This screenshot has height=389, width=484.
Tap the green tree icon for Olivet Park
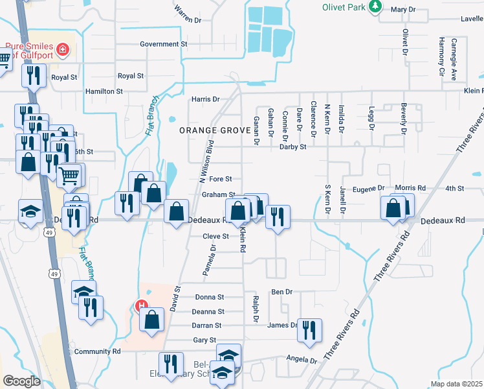tap(374, 6)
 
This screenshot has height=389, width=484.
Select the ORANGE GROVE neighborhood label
tap(215, 130)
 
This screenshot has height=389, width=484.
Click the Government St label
tap(164, 44)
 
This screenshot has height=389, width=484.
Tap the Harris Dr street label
tap(206, 99)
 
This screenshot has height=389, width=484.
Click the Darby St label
tap(292, 147)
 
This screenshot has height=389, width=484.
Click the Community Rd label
tap(98, 351)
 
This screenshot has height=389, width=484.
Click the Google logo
tap(21, 381)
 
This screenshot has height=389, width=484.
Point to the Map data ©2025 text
tap(456, 384)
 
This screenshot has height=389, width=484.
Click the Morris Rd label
tap(410, 188)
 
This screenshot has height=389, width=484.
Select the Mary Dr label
tap(402, 9)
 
